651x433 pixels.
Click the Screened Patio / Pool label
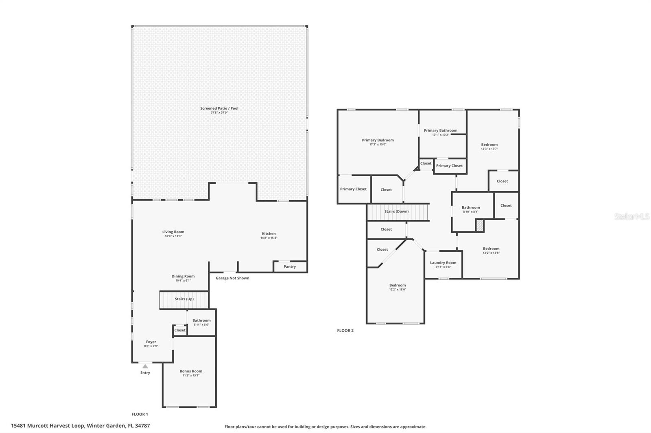(x=219, y=108)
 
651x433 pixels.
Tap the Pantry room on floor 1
(x=290, y=266)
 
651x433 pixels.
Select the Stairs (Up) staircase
(x=184, y=300)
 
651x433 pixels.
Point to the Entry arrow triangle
(x=145, y=366)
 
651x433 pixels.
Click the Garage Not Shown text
(x=232, y=278)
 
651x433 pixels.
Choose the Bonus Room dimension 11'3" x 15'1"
(x=191, y=375)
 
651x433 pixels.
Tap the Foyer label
(x=151, y=342)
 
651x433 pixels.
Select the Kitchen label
(x=269, y=233)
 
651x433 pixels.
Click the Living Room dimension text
(x=173, y=236)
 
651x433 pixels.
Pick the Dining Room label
(x=183, y=276)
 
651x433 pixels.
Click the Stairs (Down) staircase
(x=398, y=212)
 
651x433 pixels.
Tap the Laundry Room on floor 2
(x=443, y=264)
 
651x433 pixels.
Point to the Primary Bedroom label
(x=378, y=140)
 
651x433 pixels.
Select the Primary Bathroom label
(x=440, y=131)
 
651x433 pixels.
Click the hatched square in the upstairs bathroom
(x=480, y=225)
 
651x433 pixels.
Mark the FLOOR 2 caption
(x=345, y=331)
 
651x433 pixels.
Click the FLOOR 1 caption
(x=140, y=414)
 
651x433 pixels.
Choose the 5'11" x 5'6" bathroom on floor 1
(x=201, y=323)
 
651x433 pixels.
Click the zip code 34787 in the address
(x=142, y=426)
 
